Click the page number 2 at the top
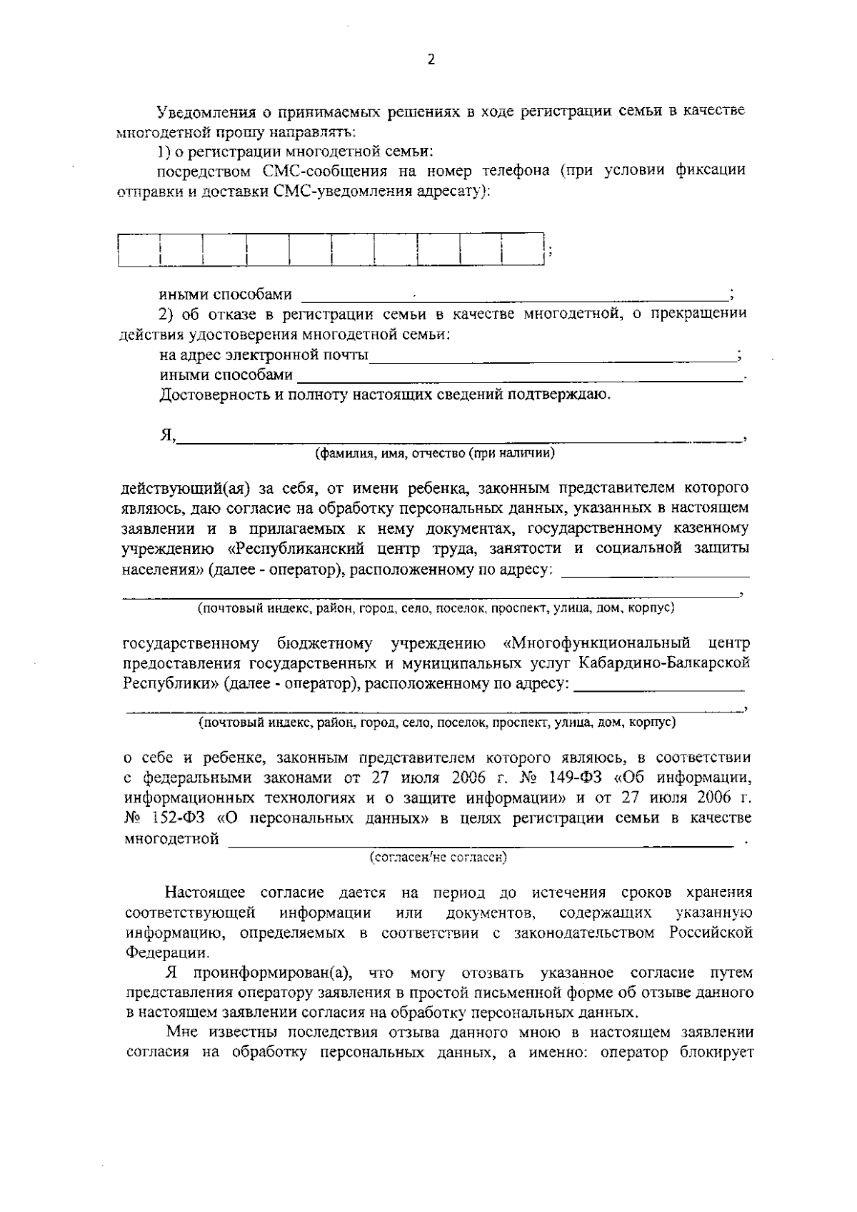(430, 60)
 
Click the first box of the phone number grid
(139, 249)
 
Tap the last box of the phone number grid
(523, 249)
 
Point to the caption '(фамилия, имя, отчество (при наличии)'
(435, 453)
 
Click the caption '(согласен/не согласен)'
(437, 857)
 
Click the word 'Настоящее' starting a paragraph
(205, 892)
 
